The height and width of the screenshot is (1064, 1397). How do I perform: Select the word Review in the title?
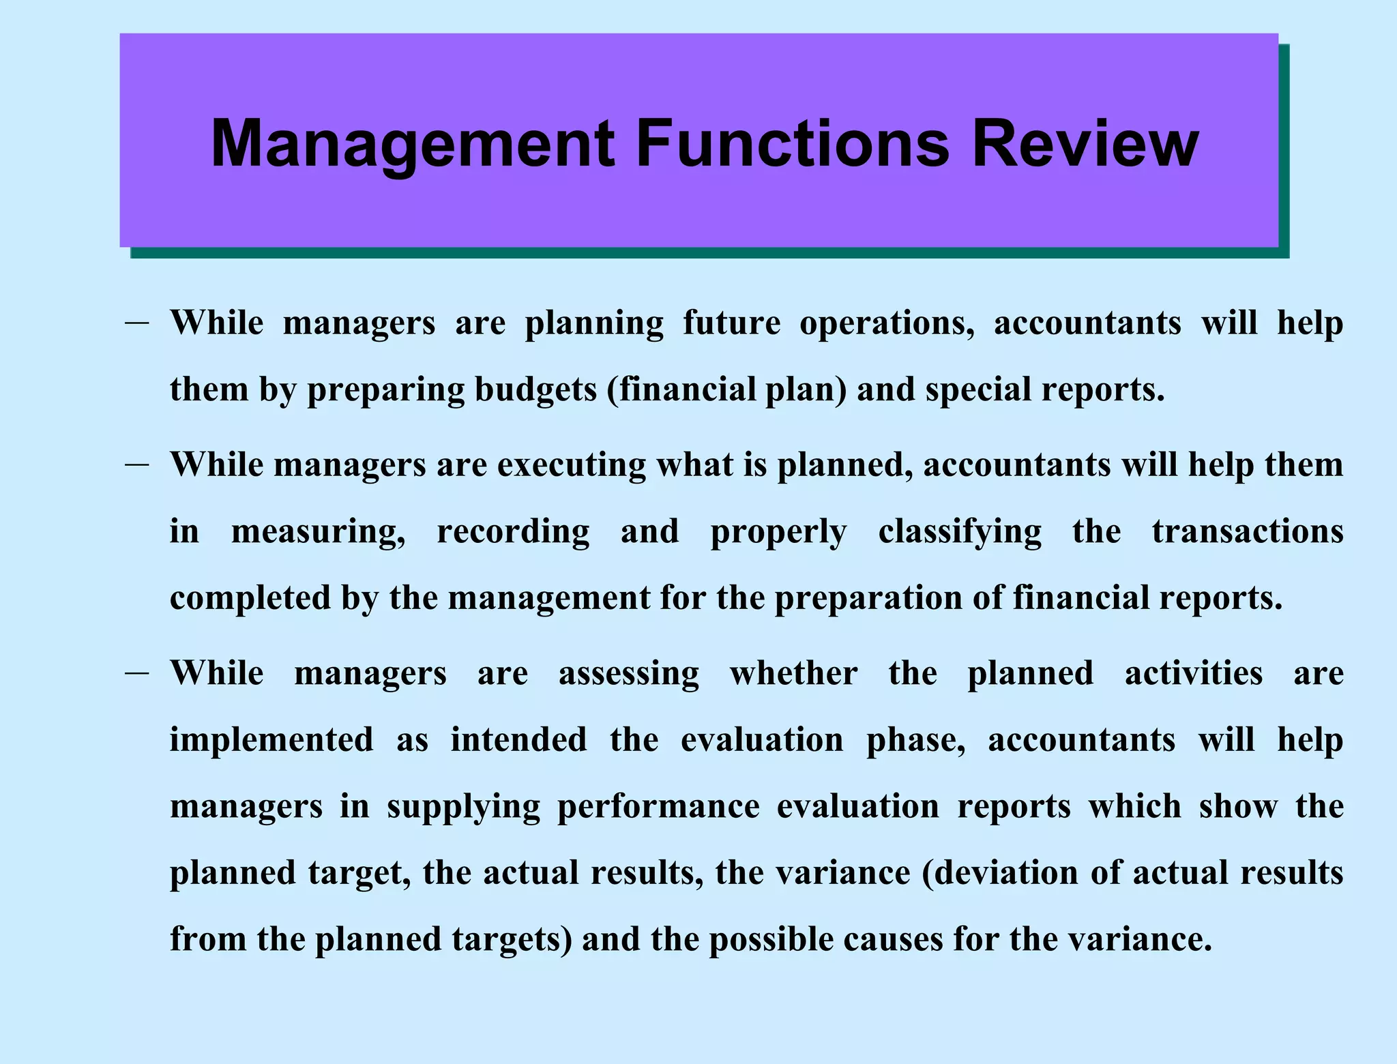1085,145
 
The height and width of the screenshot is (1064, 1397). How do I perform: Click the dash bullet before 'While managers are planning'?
137,323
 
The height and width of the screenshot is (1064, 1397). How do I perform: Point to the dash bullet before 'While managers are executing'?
137,464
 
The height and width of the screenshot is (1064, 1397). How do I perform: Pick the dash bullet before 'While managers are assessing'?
137,673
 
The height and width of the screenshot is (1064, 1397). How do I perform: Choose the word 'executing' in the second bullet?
572,466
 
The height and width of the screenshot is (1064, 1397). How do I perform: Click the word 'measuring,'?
319,532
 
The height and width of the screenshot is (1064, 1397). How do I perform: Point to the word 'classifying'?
960,532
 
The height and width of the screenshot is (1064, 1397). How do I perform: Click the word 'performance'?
658,807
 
